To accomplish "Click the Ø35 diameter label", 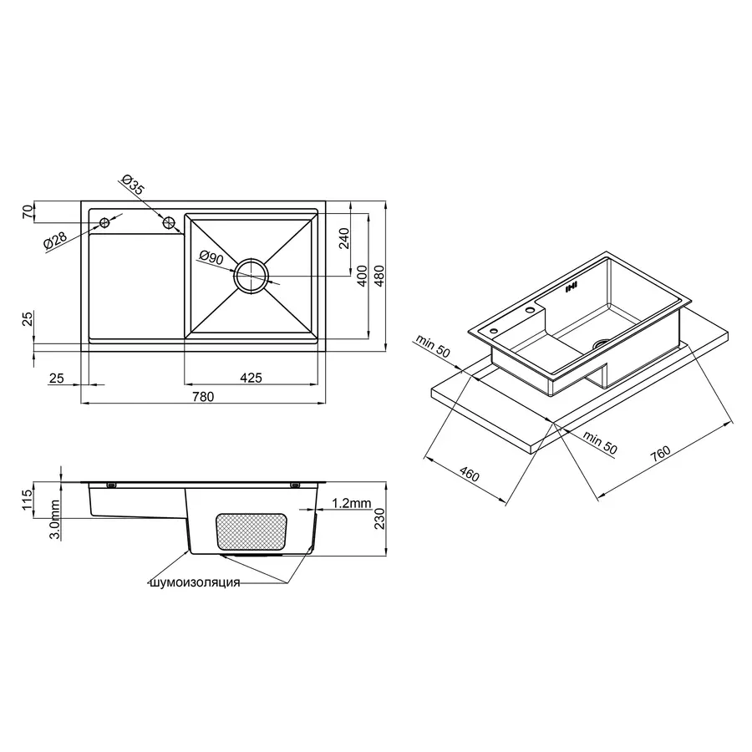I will click(x=134, y=185).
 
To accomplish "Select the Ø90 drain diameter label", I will click(x=211, y=259).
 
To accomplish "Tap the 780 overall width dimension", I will click(x=203, y=397).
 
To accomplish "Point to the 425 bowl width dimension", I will click(x=251, y=378).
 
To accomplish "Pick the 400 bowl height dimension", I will click(x=361, y=277).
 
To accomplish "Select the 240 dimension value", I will click(x=343, y=240).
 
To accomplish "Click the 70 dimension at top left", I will click(x=26, y=212).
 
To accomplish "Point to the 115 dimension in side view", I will click(x=26, y=500).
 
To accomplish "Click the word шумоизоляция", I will click(x=194, y=582).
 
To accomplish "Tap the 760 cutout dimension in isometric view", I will click(x=660, y=454).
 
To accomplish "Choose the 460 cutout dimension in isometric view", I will click(x=469, y=475).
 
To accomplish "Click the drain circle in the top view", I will click(x=252, y=276).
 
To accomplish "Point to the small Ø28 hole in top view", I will click(x=105, y=222).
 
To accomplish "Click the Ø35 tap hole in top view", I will click(x=170, y=222).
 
